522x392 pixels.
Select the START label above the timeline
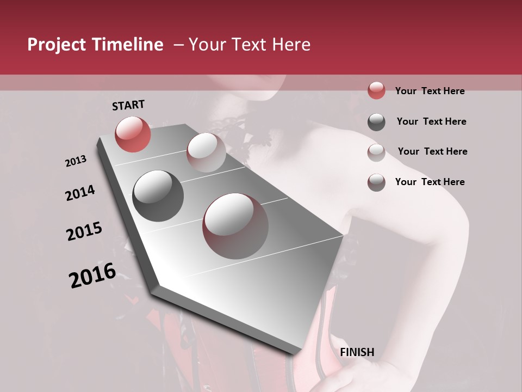coord(128,105)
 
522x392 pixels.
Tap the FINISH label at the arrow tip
coord(357,352)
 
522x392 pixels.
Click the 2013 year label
coord(76,161)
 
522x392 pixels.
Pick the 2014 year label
coord(80,193)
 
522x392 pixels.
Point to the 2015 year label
coord(84,232)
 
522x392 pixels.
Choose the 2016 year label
coord(92,275)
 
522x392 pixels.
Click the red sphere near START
coord(133,134)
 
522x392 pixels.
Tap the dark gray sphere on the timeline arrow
coord(158,196)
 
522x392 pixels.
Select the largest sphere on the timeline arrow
coord(235,226)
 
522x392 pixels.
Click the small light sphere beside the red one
coord(206,152)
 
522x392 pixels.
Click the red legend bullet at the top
coord(376,90)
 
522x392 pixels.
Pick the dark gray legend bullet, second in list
coord(376,122)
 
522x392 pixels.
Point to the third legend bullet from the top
coord(376,152)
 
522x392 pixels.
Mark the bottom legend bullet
coord(376,182)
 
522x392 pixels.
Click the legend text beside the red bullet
coord(430,91)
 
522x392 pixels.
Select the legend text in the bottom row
coord(430,182)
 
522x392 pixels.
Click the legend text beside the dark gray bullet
coord(431,121)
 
